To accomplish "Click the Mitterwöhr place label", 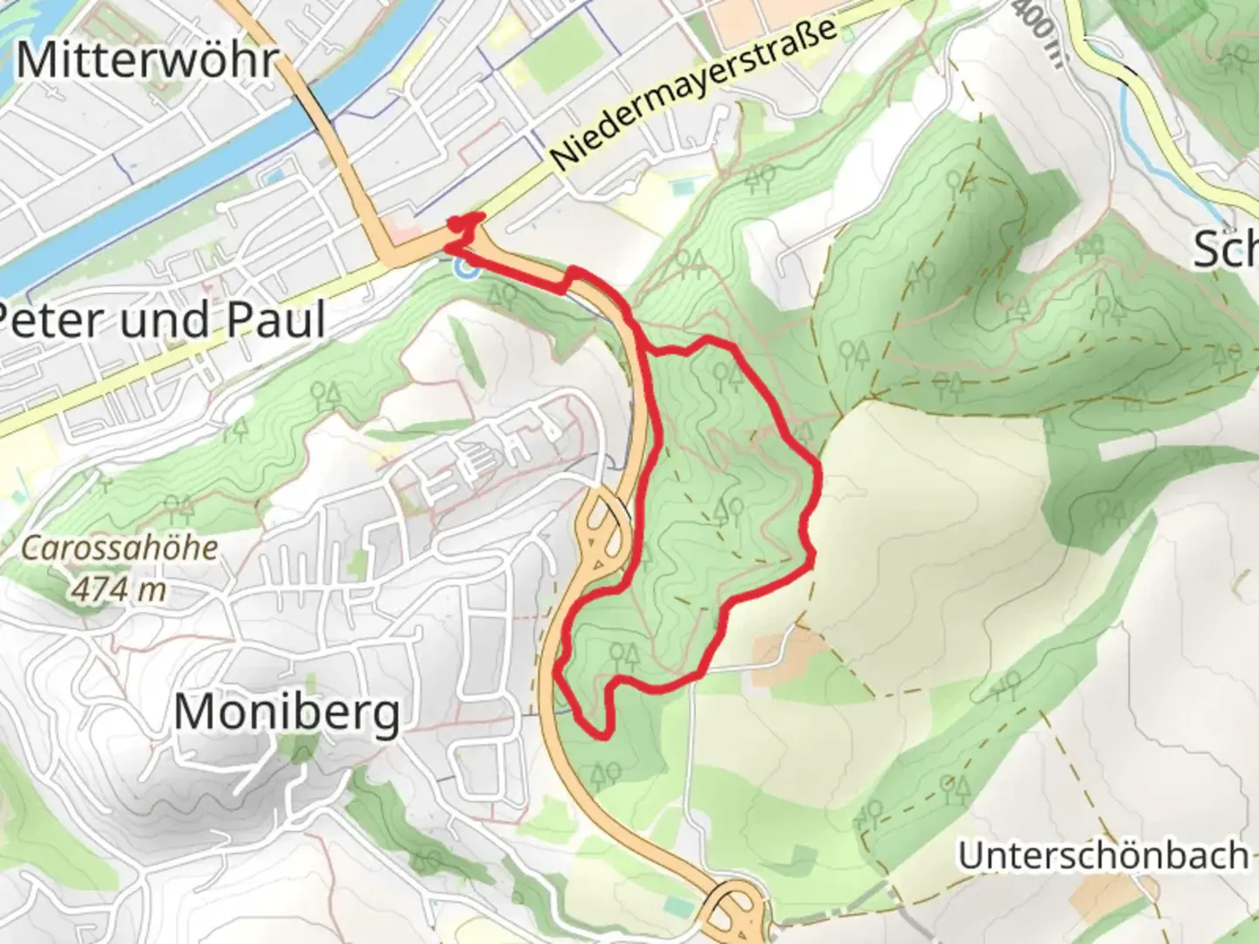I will click(147, 61).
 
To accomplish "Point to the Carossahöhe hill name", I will click(119, 549).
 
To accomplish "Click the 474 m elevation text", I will click(119, 589).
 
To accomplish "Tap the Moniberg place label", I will click(287, 712).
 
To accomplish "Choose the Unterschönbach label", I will click(1103, 856).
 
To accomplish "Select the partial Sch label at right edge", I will click(1226, 251).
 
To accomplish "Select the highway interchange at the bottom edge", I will click(734, 913).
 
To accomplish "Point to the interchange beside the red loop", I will click(602, 533).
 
